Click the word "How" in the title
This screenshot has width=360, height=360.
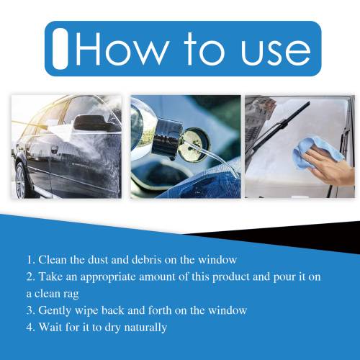tap(121, 49)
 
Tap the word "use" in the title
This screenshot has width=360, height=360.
tap(276, 53)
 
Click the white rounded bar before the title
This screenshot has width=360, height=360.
tap(60, 49)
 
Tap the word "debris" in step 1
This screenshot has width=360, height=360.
tap(147, 260)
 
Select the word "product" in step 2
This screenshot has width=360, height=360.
tap(231, 277)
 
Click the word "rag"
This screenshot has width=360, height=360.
tap(71, 294)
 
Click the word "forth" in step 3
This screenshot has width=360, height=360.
tap(160, 310)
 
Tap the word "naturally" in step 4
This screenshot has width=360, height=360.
tap(145, 328)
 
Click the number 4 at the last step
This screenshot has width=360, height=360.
tap(30, 327)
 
